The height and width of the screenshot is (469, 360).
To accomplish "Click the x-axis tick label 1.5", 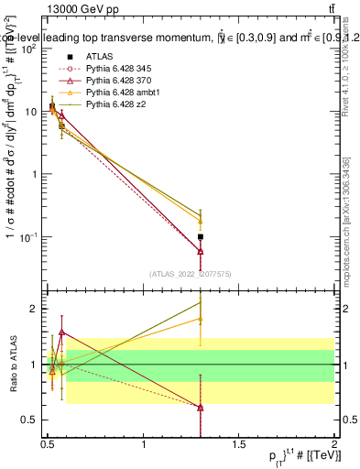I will [x=239, y=443].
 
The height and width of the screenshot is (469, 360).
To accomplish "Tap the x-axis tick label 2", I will [x=335, y=443].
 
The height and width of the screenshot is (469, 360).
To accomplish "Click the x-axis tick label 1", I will [x=144, y=443].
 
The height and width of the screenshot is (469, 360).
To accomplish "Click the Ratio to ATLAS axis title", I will [x=12, y=364].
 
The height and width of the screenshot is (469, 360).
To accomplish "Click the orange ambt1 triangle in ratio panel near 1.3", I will [x=200, y=320].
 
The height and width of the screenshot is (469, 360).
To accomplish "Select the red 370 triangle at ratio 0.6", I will [x=200, y=408].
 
